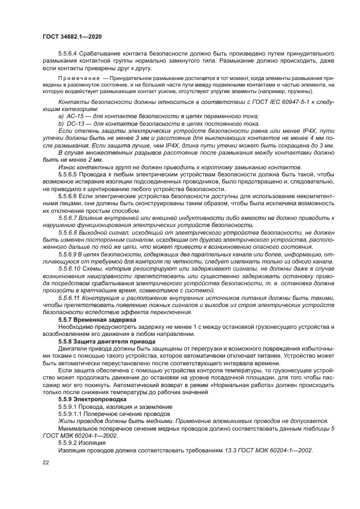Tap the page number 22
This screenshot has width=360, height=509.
(x=45, y=462)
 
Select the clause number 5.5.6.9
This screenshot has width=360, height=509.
(x=70, y=254)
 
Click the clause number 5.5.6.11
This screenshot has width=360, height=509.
(x=71, y=298)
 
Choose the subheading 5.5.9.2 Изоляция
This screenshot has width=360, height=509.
(x=81, y=443)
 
